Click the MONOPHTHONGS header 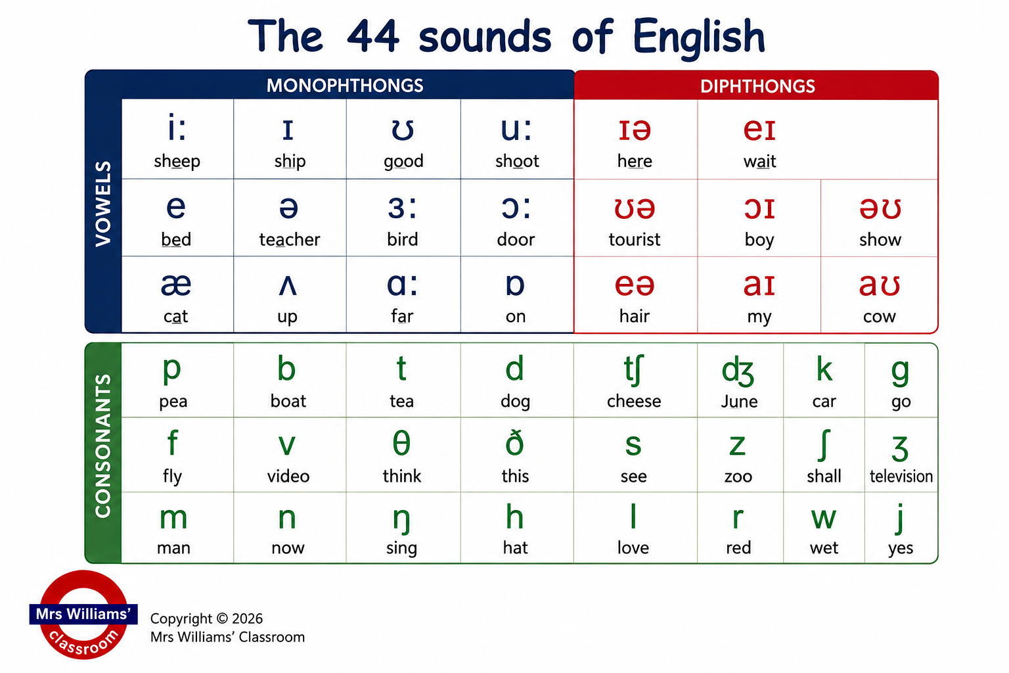345,85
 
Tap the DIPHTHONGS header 757,86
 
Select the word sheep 177,162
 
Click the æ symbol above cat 176,285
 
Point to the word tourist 634,239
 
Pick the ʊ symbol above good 403,130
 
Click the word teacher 290,239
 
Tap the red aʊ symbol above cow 880,285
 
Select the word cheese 634,401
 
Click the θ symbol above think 401,443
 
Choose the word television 901,476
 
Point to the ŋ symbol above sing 401,519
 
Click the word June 739,401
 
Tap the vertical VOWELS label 103,204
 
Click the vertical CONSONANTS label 103,446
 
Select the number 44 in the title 373,36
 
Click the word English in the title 699,37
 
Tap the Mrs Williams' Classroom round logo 83,615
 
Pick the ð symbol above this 514,443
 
